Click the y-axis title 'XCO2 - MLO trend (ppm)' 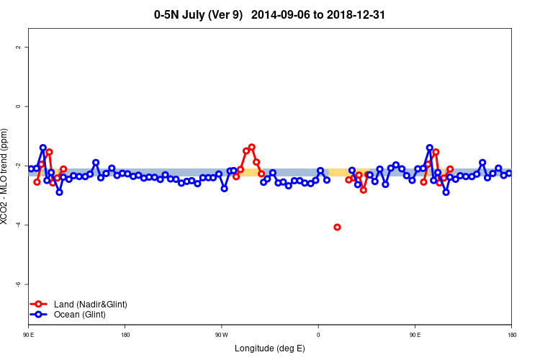6,177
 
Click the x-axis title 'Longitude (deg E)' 270,348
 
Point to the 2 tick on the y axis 18,47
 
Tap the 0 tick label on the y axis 18,107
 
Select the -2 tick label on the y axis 17,166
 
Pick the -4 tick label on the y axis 17,225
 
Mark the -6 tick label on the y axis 17,284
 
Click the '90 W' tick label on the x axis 221,335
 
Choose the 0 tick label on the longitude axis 318,335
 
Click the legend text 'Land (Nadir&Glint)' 91,305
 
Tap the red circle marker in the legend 40,305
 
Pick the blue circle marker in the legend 40,315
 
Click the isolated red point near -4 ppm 337,228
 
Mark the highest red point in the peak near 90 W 251,147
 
